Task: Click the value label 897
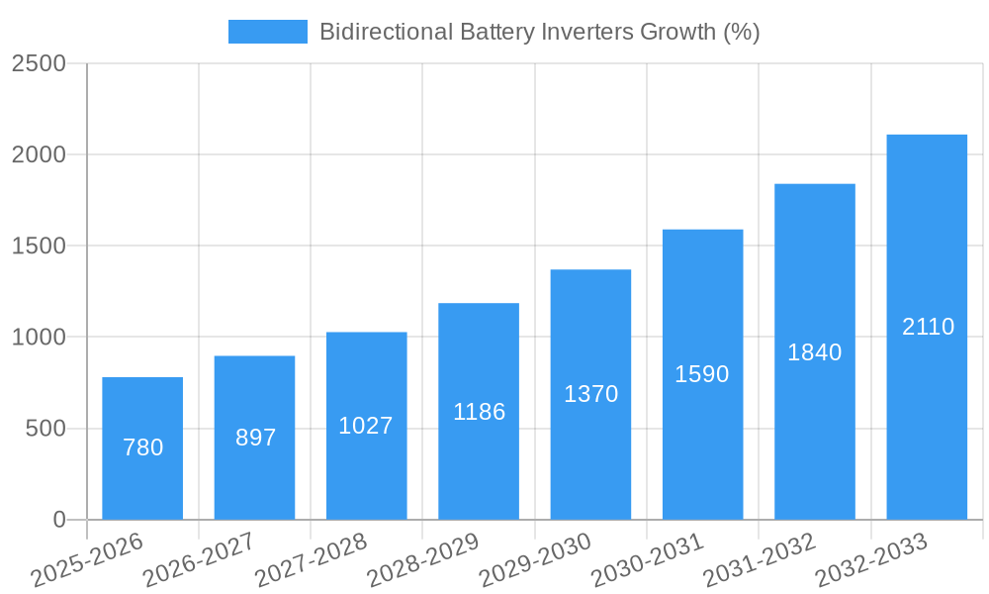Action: pos(255,438)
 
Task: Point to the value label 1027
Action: pos(366,426)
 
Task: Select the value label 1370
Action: pos(590,394)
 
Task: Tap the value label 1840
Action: pos(814,352)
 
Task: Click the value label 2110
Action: pos(928,327)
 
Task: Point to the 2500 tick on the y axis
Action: pos(39,63)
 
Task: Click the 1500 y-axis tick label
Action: pos(39,247)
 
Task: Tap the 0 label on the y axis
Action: pos(58,520)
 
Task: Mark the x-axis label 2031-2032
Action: pos(760,561)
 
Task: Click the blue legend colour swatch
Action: pos(267,32)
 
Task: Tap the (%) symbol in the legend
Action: pos(741,32)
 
